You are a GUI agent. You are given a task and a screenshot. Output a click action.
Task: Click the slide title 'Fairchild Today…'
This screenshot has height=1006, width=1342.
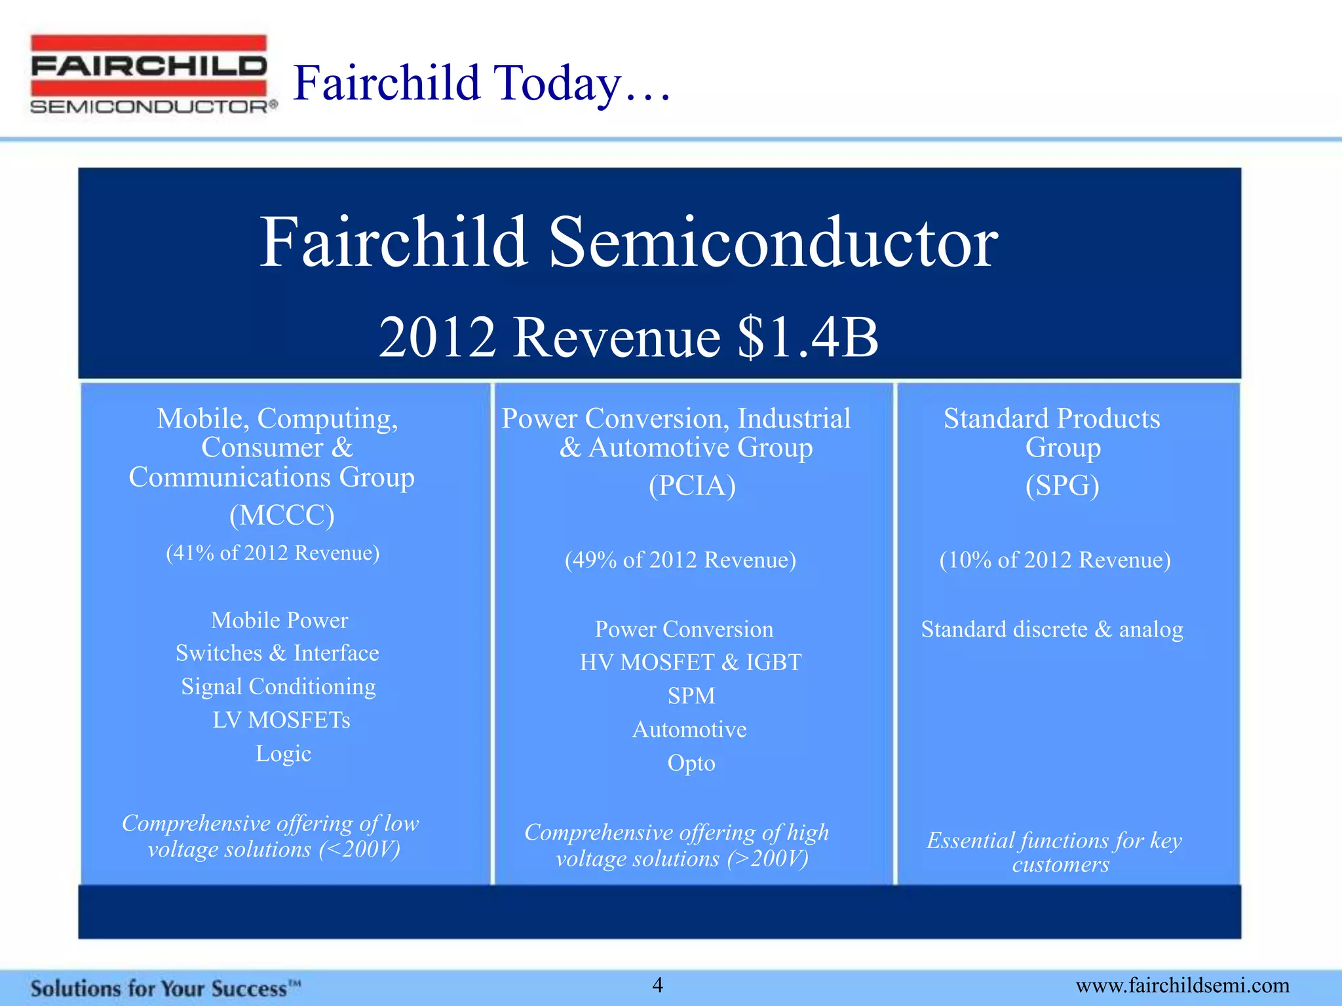pyautogui.click(x=482, y=83)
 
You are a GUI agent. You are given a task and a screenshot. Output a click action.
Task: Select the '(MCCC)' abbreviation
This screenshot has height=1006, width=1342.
pyautogui.click(x=282, y=515)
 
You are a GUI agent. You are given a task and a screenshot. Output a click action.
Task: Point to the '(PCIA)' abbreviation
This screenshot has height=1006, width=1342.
pyautogui.click(x=692, y=485)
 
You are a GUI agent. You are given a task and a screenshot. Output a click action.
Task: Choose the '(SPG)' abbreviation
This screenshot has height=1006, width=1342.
pyautogui.click(x=1062, y=485)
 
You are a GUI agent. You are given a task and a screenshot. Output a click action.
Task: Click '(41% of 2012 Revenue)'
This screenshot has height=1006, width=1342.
pyautogui.click(x=273, y=553)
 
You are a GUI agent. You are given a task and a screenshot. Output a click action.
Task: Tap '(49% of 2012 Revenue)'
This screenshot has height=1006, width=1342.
pyautogui.click(x=680, y=560)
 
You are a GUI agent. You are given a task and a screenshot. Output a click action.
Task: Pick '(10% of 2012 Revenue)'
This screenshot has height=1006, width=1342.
pyautogui.click(x=1055, y=560)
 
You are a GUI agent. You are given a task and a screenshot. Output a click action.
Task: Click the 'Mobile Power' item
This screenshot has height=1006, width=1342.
pyautogui.click(x=279, y=620)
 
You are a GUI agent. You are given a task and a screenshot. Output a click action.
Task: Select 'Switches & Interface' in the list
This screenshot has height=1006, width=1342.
pyautogui.click(x=277, y=653)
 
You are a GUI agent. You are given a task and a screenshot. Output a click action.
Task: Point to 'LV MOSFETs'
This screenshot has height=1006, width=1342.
pyautogui.click(x=281, y=720)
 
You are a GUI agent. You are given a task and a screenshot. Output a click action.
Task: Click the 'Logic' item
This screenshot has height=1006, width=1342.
pyautogui.click(x=283, y=753)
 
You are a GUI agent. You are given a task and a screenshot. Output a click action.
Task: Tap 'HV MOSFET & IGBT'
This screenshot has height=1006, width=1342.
pyautogui.click(x=691, y=662)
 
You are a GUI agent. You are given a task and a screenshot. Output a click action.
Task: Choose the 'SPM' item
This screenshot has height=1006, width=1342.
pyautogui.click(x=691, y=696)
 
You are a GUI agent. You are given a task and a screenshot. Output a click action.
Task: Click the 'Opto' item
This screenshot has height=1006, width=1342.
pyautogui.click(x=691, y=763)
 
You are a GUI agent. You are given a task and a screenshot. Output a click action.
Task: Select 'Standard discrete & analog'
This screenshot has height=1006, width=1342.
pyautogui.click(x=1052, y=629)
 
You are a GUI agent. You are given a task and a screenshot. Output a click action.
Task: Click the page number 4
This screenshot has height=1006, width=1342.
pyautogui.click(x=658, y=985)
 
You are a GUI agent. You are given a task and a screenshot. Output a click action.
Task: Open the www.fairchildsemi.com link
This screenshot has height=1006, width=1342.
pyautogui.click(x=1182, y=986)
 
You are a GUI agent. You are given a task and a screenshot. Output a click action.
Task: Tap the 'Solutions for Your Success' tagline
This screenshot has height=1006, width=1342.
pyautogui.click(x=165, y=988)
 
